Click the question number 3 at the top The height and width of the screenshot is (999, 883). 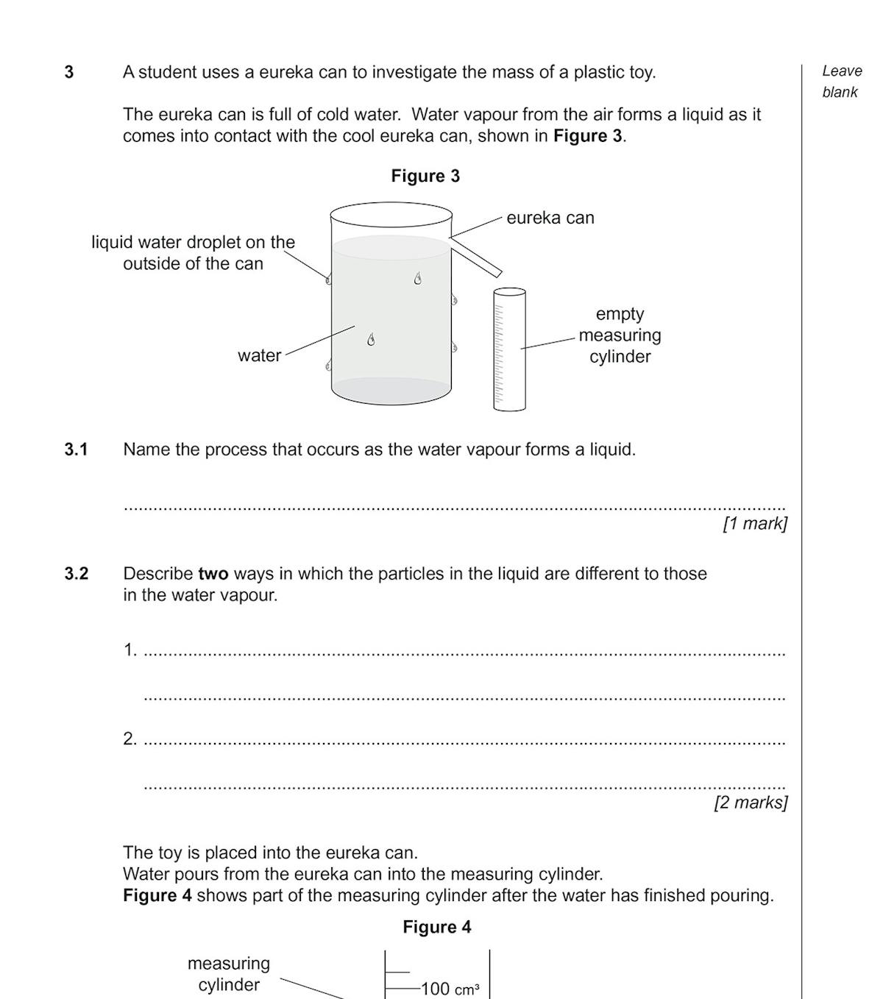pos(69,72)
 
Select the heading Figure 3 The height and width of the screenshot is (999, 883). pos(425,176)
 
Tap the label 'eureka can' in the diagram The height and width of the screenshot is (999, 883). pos(550,218)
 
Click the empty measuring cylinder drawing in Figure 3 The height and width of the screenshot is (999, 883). pos(509,349)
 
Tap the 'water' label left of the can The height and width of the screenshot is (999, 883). pos(259,356)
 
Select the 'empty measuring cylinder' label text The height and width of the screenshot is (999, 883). pos(620,335)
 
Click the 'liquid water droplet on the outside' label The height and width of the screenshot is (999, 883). pos(193,252)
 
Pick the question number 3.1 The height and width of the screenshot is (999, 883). pos(76,449)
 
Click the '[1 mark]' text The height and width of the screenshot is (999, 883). pos(755,524)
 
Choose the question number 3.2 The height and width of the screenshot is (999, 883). pos(76,574)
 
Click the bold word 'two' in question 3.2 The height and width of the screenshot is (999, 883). pos(213,574)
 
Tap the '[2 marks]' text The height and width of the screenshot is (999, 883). pos(751,803)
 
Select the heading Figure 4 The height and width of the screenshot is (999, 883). pos(436,927)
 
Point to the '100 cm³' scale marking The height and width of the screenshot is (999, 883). pos(449,989)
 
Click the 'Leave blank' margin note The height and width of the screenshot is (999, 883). pos(842,82)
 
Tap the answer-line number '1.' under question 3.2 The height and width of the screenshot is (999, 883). pos(130,650)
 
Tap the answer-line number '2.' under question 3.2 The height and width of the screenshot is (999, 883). pos(130,739)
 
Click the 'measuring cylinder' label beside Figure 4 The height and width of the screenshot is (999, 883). pos(229,974)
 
